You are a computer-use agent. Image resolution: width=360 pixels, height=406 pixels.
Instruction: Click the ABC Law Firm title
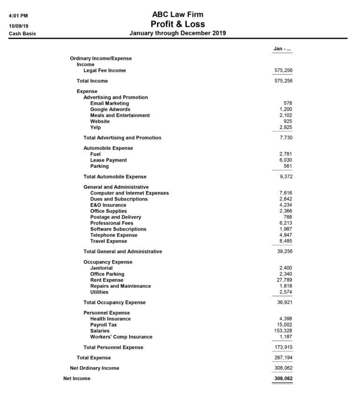tap(178, 14)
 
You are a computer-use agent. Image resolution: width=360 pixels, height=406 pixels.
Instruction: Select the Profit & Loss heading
tap(178, 24)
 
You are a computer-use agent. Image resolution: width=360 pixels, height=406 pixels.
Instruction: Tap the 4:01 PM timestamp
tap(18, 16)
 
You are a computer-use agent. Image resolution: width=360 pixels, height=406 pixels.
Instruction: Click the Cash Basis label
tap(22, 34)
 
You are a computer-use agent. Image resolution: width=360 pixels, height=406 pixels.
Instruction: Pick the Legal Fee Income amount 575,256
tap(283, 71)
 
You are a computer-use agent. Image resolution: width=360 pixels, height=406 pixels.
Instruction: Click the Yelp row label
tap(95, 127)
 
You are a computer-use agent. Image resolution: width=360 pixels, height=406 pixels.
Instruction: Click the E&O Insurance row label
tap(108, 205)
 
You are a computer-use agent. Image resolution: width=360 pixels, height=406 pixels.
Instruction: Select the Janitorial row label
tap(101, 268)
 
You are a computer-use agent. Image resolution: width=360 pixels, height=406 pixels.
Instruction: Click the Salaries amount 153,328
tap(283, 331)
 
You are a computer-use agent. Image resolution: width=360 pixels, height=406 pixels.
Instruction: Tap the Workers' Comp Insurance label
tap(121, 337)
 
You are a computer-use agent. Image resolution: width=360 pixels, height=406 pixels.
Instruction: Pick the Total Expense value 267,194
tap(283, 357)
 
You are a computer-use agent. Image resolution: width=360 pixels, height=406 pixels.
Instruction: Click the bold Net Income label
tap(77, 378)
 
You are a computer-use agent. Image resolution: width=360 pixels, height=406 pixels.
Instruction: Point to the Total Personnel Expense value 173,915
tap(283, 347)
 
